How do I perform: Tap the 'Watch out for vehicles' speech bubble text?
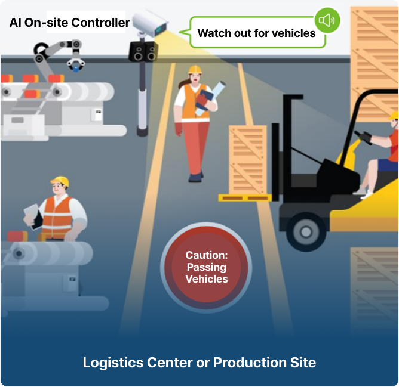click(256, 33)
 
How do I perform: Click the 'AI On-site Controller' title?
click(69, 23)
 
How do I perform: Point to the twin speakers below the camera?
click(144, 51)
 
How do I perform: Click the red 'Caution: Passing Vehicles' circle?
click(206, 267)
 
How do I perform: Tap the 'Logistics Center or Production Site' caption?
click(199, 362)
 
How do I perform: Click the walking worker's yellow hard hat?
click(195, 70)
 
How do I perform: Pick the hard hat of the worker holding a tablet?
click(60, 181)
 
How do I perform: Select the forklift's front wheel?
click(306, 230)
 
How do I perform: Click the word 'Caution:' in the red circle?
click(206, 255)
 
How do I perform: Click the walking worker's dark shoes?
click(195, 177)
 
